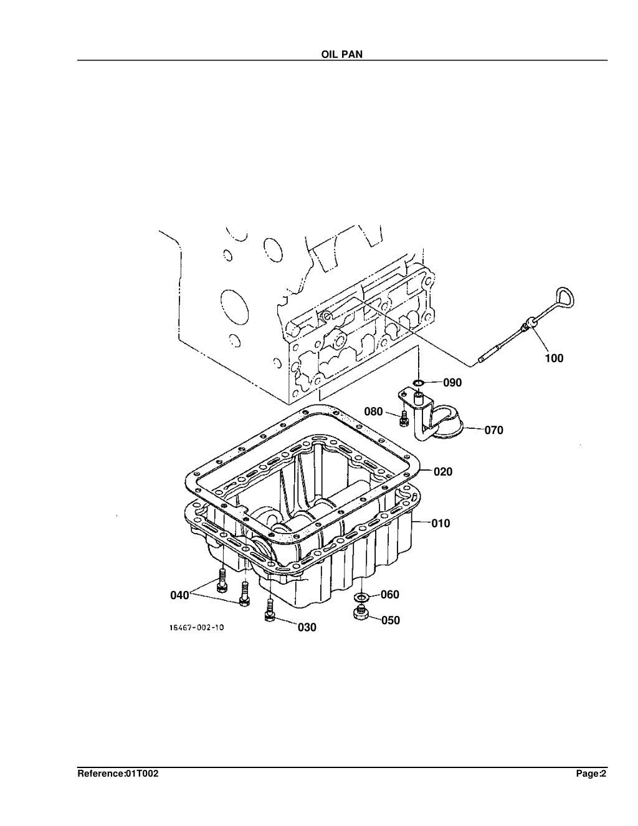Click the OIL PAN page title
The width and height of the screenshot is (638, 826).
pos(342,54)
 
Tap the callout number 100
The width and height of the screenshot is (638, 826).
pos(554,358)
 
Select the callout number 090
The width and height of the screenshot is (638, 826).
pos(452,382)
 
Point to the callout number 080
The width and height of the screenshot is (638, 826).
pos(373,411)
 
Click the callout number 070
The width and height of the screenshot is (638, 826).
pos(493,430)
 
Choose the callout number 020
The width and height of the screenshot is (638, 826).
pos(443,472)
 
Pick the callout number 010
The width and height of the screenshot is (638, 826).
pos(440,524)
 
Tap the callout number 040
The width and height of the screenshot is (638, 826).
pos(179,595)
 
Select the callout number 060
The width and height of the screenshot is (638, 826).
pos(390,595)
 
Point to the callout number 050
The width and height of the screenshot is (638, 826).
pos(391,620)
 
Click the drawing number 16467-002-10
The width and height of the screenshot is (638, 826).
pos(196,628)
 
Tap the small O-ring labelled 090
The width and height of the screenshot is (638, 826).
pos(418,382)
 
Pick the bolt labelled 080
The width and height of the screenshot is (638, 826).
pos(403,418)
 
